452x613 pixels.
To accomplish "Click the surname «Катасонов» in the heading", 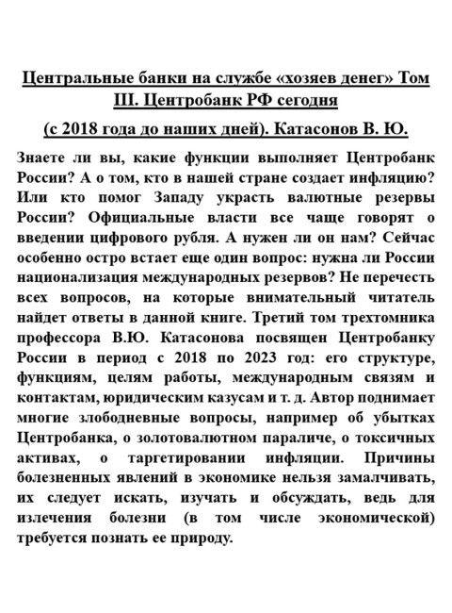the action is coord(308,128).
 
